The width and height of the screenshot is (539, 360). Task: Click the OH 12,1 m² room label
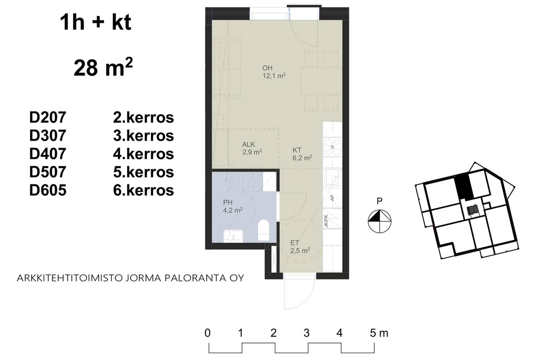[x=274, y=72]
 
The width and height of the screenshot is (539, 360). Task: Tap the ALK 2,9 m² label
[x=252, y=148]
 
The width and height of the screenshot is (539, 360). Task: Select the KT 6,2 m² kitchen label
[x=302, y=154]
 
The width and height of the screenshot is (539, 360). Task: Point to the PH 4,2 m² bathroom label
[x=232, y=206]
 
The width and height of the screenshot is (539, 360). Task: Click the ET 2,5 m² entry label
[x=300, y=247]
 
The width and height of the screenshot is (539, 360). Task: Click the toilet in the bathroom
[x=263, y=230]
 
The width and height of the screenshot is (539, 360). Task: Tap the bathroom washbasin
[x=233, y=236]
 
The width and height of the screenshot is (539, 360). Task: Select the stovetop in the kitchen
[x=332, y=147]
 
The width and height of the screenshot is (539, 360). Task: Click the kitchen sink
[x=333, y=177]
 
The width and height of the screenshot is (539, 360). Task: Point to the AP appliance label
[x=332, y=198]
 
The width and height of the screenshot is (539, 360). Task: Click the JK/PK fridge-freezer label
[x=326, y=221]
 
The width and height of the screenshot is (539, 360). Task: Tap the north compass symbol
[x=379, y=221]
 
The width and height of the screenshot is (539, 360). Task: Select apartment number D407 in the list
[x=47, y=154]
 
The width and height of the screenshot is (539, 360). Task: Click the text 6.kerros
[x=144, y=190]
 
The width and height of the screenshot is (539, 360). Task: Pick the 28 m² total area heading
[x=103, y=67]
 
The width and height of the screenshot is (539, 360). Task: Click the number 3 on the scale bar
[x=306, y=333]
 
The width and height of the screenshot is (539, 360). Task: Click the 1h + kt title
[x=96, y=22]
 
